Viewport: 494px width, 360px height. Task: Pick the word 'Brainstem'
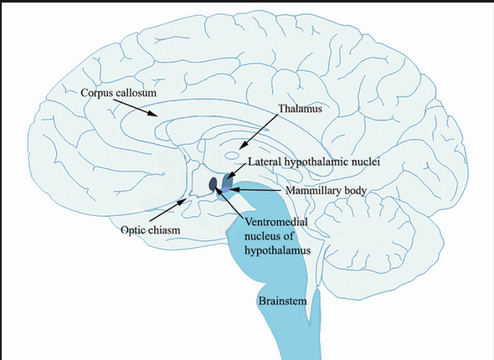(281, 299)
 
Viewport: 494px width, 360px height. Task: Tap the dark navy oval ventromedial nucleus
(214, 183)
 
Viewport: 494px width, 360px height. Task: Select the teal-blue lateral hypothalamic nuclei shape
(226, 179)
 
